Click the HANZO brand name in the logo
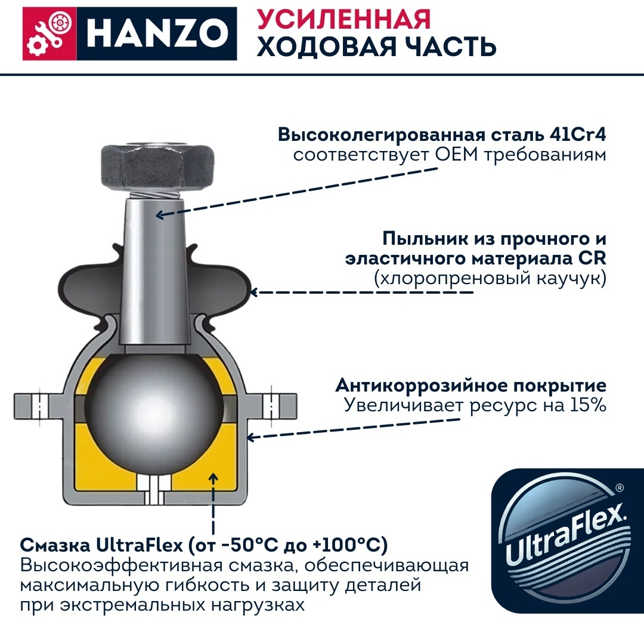[157, 33]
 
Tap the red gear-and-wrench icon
[49, 33]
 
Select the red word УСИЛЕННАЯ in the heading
[344, 19]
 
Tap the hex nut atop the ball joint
[157, 168]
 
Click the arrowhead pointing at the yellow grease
[213, 478]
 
